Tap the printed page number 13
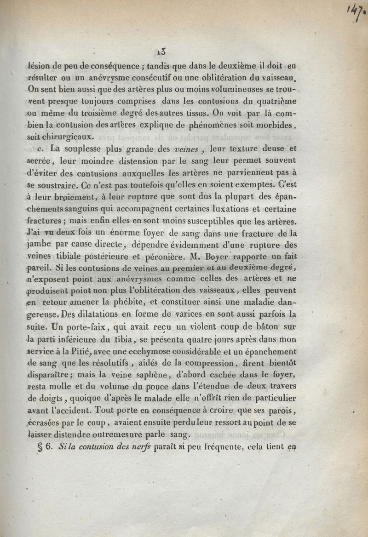(161, 51)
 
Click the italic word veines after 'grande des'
(188, 149)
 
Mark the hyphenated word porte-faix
(72, 327)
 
